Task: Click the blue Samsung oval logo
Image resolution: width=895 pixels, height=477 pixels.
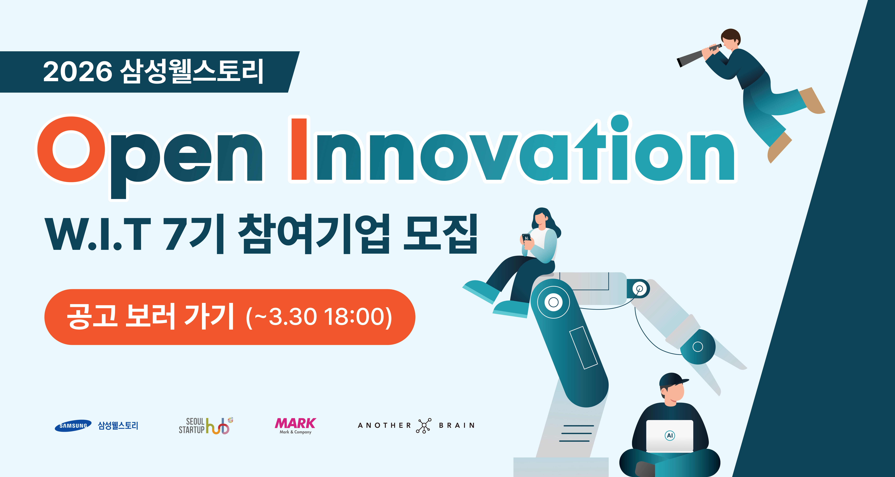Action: (73, 426)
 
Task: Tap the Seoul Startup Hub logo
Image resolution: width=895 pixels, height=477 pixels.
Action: (206, 426)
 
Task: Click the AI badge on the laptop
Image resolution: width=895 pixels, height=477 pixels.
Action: (670, 435)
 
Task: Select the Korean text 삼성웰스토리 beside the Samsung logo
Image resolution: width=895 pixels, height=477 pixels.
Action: (118, 426)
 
